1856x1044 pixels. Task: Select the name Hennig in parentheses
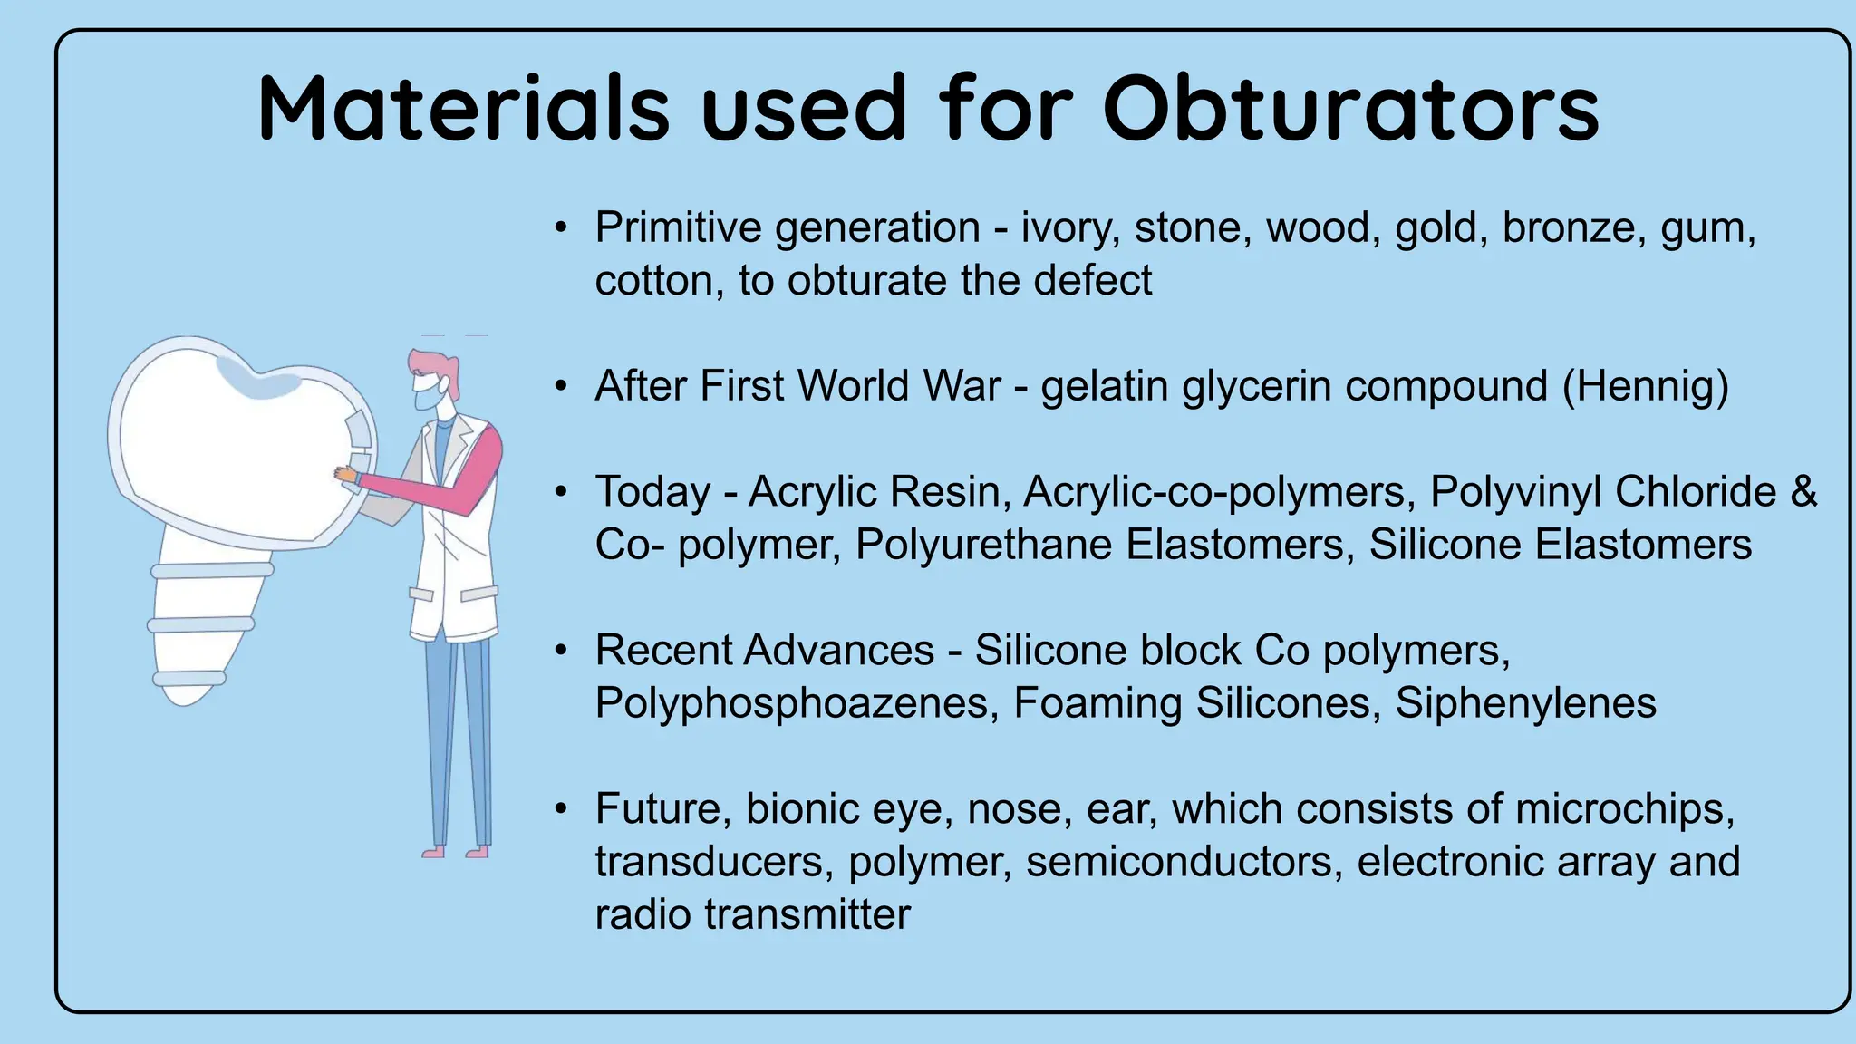pos(1645,386)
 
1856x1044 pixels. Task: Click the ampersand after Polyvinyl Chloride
pos(1803,492)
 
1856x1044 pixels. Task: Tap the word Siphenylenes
pos(1525,703)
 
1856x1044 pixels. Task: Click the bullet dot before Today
pos(562,492)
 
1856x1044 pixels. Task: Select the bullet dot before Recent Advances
pos(562,651)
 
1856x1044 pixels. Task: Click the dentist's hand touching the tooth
pos(345,474)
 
